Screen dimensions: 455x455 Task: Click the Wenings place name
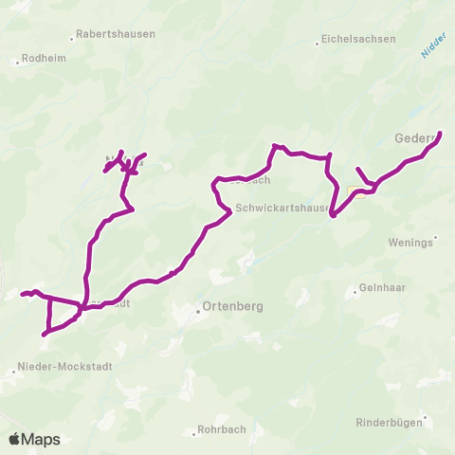(x=410, y=242)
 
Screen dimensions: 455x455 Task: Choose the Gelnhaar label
(x=381, y=289)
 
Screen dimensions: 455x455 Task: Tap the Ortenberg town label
(x=233, y=307)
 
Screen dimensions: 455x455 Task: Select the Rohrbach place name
(x=221, y=429)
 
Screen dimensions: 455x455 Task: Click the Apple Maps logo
(x=34, y=439)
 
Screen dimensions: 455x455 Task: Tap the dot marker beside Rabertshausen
(x=73, y=39)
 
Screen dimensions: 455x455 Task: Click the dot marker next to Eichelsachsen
(x=317, y=42)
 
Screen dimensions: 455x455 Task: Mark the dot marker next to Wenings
(x=435, y=237)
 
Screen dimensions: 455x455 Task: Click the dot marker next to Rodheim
(x=17, y=63)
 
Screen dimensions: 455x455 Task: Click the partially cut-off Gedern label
(x=423, y=138)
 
